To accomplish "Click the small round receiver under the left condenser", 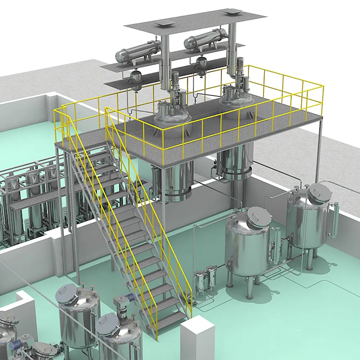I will tap(136, 77).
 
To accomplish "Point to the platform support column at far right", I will tap(319, 151).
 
